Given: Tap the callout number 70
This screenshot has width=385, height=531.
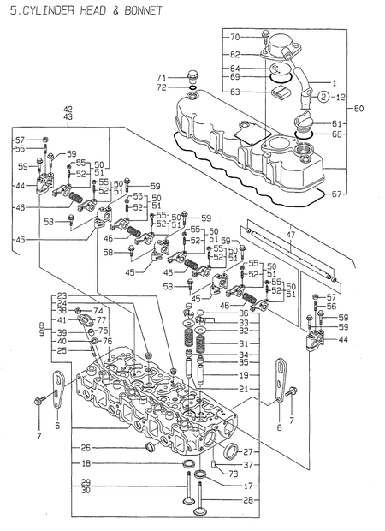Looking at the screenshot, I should pos(234,38).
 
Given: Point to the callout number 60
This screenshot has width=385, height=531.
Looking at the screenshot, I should pos(358,109).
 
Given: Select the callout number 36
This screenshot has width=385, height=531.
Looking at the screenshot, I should pos(243,313).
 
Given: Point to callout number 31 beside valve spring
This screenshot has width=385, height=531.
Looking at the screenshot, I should pos(243,343).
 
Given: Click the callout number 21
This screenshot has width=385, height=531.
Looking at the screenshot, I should pos(243,389).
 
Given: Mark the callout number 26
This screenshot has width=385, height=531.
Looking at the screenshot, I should pos(86,447).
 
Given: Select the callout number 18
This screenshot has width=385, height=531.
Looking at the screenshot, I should pos(86,463).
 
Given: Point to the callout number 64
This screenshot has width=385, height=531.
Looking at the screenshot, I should pos(234,69).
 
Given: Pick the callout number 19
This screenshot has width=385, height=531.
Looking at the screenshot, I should pos(243,375).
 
